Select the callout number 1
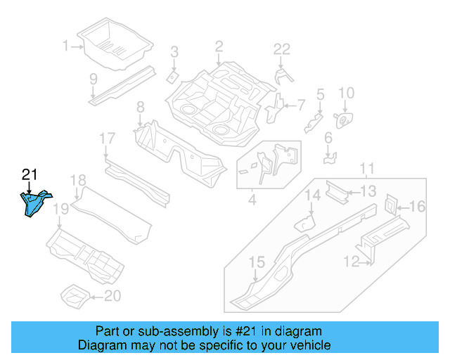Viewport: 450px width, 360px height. tap(66, 46)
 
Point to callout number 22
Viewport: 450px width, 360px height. tap(281, 49)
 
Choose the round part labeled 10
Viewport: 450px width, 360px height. tap(345, 120)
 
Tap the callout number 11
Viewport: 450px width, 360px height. tap(366, 167)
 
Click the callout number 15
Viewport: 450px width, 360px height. tap(257, 262)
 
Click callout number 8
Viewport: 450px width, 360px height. tap(140, 107)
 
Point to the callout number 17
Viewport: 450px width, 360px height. tap(106, 138)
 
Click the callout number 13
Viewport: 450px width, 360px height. tap(369, 191)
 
